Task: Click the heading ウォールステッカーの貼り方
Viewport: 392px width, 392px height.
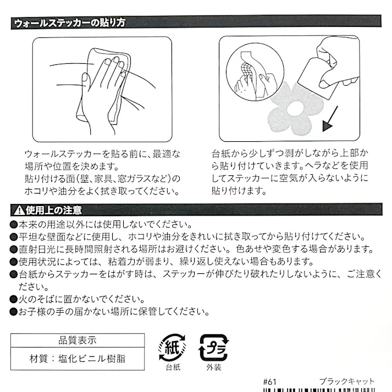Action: [69, 23]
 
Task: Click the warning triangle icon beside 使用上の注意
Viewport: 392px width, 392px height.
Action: [19, 210]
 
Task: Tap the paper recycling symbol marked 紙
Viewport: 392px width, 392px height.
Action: [173, 347]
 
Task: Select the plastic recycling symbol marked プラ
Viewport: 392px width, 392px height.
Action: [213, 348]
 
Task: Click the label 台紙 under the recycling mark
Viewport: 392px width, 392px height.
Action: [173, 367]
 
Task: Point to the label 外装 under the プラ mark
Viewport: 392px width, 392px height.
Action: [214, 367]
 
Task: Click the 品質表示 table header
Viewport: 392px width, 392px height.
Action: [78, 340]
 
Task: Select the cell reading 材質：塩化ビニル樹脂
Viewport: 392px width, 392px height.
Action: [78, 359]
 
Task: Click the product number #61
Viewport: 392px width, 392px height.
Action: [270, 382]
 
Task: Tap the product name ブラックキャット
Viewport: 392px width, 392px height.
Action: [347, 382]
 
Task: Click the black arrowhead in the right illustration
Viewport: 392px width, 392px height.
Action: [327, 126]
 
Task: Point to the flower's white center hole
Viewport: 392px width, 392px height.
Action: [295, 109]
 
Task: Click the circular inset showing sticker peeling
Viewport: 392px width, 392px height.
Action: [255, 72]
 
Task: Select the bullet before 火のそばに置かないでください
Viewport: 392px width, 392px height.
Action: [14, 299]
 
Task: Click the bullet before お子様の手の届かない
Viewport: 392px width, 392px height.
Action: [14, 312]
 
